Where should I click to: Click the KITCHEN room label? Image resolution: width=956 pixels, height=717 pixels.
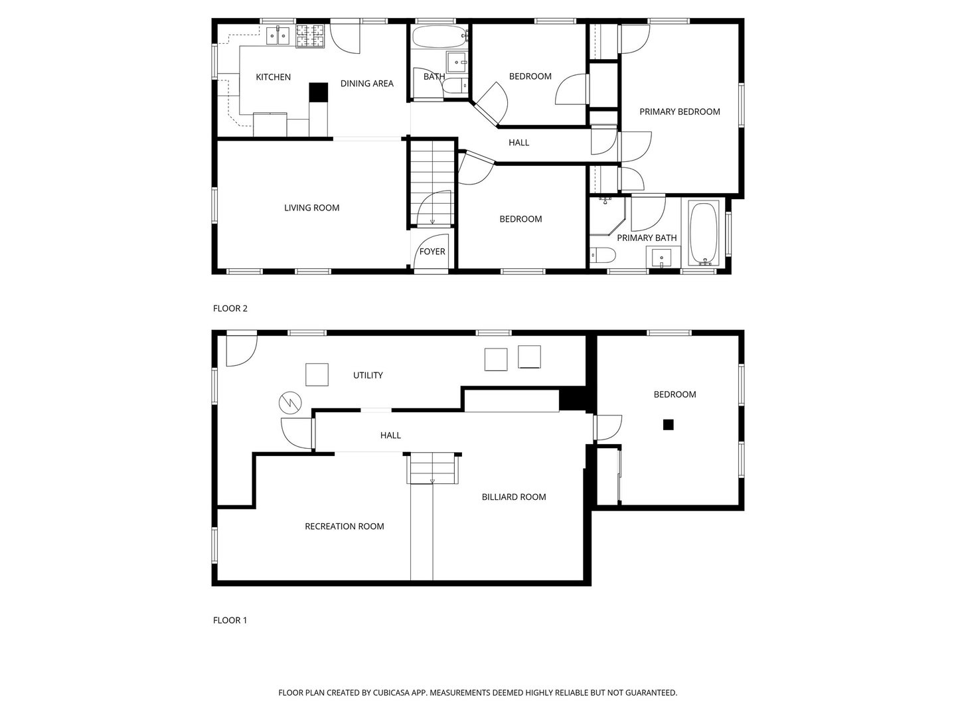tap(273, 77)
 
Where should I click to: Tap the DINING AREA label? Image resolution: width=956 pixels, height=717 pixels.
tap(366, 84)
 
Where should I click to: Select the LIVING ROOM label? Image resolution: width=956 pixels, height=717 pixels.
tap(311, 208)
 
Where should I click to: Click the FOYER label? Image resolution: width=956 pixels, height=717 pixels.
tap(432, 252)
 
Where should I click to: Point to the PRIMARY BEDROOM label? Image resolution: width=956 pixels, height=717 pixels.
tap(679, 112)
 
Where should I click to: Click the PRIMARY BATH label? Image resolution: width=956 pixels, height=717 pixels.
tap(647, 238)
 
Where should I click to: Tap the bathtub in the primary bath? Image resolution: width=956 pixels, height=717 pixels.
tap(703, 232)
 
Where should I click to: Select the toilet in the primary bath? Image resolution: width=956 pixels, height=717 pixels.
tap(603, 255)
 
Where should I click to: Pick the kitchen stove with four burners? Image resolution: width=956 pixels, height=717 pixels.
tap(310, 36)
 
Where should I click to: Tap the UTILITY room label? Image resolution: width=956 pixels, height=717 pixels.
tap(368, 375)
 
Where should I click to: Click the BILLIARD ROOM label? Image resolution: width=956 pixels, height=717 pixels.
tap(514, 497)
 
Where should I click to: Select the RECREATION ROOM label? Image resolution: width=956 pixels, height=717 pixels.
tap(344, 526)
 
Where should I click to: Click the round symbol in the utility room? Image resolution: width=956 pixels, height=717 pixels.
tap(289, 402)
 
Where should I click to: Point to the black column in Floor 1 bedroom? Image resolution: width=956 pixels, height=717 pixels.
tap(669, 425)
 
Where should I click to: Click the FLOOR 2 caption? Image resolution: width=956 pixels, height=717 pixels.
tap(230, 308)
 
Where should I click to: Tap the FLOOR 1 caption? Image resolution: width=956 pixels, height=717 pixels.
tap(230, 620)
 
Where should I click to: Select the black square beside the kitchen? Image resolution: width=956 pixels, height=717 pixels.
tap(319, 92)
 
